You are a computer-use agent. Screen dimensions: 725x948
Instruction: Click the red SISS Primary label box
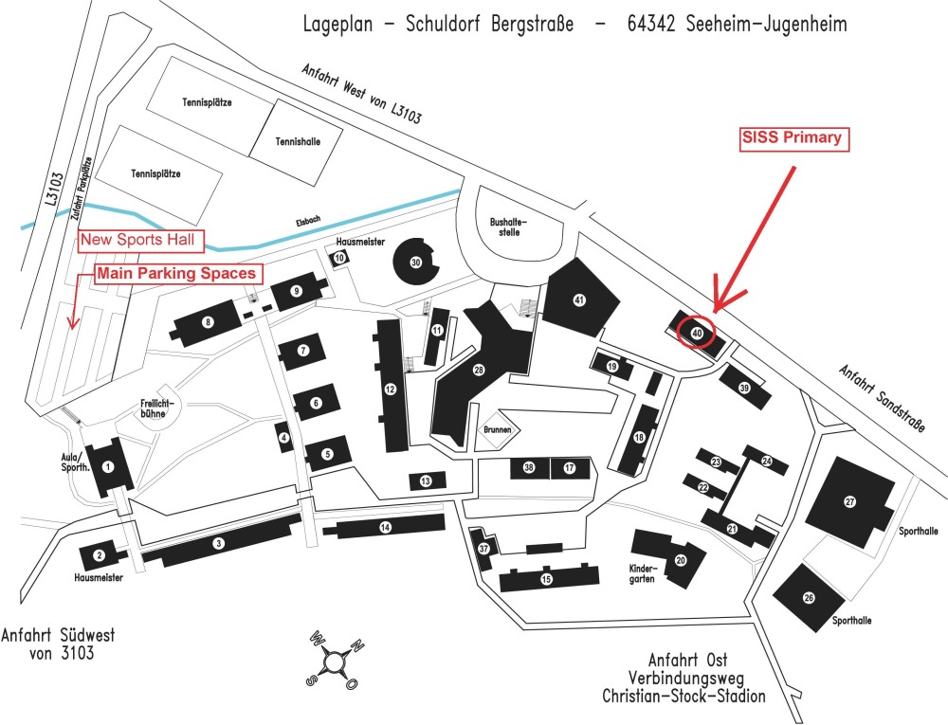pos(791,138)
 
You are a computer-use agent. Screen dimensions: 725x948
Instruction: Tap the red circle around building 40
pos(697,333)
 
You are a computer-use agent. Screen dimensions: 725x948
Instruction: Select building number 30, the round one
pos(415,261)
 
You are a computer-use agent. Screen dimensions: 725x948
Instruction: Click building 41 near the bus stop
pos(578,299)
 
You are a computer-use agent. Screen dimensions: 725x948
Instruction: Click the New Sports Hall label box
pos(137,241)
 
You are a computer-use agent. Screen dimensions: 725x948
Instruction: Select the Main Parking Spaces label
pos(177,274)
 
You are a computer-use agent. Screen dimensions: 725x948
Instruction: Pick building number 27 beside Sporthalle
pos(849,502)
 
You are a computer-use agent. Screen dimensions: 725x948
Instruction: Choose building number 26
pos(809,597)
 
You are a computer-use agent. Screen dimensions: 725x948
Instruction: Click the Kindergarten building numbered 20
pos(680,560)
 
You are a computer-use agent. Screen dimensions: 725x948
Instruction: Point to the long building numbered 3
pos(219,543)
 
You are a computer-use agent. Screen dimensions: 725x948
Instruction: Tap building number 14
pos(385,527)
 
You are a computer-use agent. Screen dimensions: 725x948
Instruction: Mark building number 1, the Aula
pos(108,465)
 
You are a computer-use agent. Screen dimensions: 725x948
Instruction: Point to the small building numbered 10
pos(339,258)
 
